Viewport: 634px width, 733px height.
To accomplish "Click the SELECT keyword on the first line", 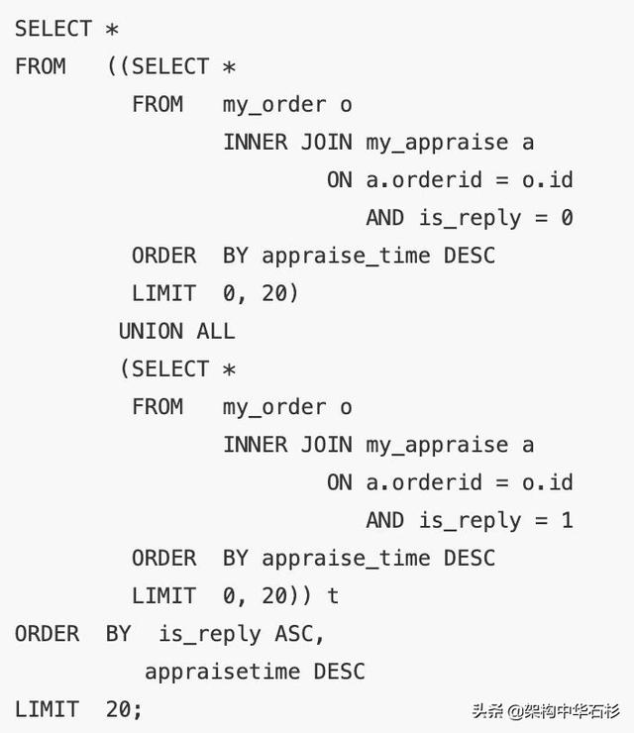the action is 53,29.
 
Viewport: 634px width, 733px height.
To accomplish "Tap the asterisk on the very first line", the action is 112,30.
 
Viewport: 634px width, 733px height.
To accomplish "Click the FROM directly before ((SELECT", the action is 41,66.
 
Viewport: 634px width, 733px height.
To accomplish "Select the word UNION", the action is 151,331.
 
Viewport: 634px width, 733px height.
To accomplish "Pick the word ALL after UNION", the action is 216,331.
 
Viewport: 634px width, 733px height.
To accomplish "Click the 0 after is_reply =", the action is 567,218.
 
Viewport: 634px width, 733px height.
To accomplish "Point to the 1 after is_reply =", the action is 567,520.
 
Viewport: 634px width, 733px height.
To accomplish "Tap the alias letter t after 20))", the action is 333,595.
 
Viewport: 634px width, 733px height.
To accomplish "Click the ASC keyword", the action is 293,634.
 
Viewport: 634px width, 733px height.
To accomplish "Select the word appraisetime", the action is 223,672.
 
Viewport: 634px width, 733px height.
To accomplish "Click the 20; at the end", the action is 124,709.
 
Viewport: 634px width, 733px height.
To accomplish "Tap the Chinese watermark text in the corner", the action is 546,711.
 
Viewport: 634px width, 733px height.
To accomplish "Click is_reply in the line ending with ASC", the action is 209,635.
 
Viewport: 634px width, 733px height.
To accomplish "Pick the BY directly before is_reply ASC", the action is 118,634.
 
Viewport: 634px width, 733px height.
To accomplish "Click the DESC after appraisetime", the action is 339,672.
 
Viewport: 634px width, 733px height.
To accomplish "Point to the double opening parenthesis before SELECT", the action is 118,66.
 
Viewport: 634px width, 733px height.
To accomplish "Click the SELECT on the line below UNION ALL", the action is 170,368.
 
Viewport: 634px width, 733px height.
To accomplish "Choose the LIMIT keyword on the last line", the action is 47,709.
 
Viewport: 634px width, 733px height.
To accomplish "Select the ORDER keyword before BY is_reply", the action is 47,634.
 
